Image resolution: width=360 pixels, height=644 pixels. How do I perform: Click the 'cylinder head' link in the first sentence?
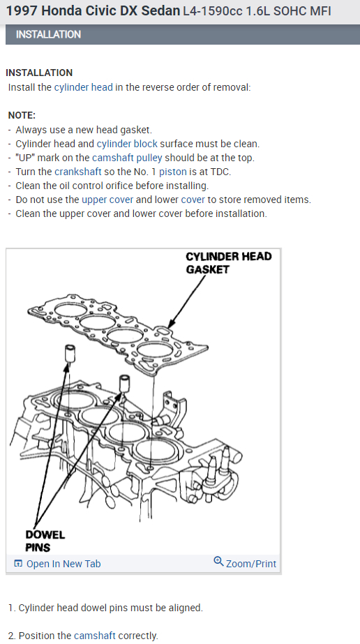[83, 87]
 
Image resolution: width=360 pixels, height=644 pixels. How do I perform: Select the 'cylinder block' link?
[127, 144]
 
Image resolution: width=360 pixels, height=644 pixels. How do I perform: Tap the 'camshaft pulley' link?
[127, 158]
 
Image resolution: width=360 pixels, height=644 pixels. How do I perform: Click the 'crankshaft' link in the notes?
[78, 172]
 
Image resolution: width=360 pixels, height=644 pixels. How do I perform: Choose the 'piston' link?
[173, 172]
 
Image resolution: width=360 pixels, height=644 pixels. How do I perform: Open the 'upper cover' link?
[107, 200]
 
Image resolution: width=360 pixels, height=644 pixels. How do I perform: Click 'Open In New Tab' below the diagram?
[63, 564]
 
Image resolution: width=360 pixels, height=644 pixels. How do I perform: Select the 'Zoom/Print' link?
[250, 564]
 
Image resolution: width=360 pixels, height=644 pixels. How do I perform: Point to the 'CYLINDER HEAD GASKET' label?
[229, 263]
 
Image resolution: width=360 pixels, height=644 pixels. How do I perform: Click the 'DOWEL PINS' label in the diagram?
[45, 541]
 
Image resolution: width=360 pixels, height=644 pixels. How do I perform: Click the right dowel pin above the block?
[125, 382]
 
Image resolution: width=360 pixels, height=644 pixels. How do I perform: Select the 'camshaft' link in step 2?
[95, 636]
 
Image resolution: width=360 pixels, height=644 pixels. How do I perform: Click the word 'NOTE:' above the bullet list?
[22, 115]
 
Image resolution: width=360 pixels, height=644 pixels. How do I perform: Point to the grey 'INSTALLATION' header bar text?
[48, 34]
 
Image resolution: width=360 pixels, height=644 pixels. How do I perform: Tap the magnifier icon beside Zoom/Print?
[219, 561]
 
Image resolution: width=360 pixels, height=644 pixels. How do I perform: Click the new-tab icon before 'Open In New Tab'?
[18, 564]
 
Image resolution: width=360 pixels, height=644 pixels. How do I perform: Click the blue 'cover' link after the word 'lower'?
[193, 200]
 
